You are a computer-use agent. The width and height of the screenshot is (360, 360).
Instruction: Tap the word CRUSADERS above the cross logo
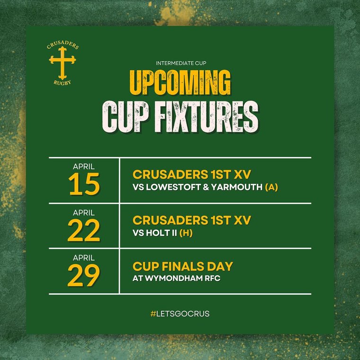coord(63,46)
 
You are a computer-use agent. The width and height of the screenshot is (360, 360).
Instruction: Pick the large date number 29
coord(84,276)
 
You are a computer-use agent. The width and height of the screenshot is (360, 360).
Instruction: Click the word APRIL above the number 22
coord(84,213)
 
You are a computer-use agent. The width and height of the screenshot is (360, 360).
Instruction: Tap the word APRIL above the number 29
coord(84,258)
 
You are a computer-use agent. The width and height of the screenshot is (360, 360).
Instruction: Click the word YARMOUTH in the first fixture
coord(235,188)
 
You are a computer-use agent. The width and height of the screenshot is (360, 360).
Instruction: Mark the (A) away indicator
coord(271,188)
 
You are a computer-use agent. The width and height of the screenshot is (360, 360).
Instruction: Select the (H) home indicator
coord(186,233)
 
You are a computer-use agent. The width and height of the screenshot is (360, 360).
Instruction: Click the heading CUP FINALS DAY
coord(183,266)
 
